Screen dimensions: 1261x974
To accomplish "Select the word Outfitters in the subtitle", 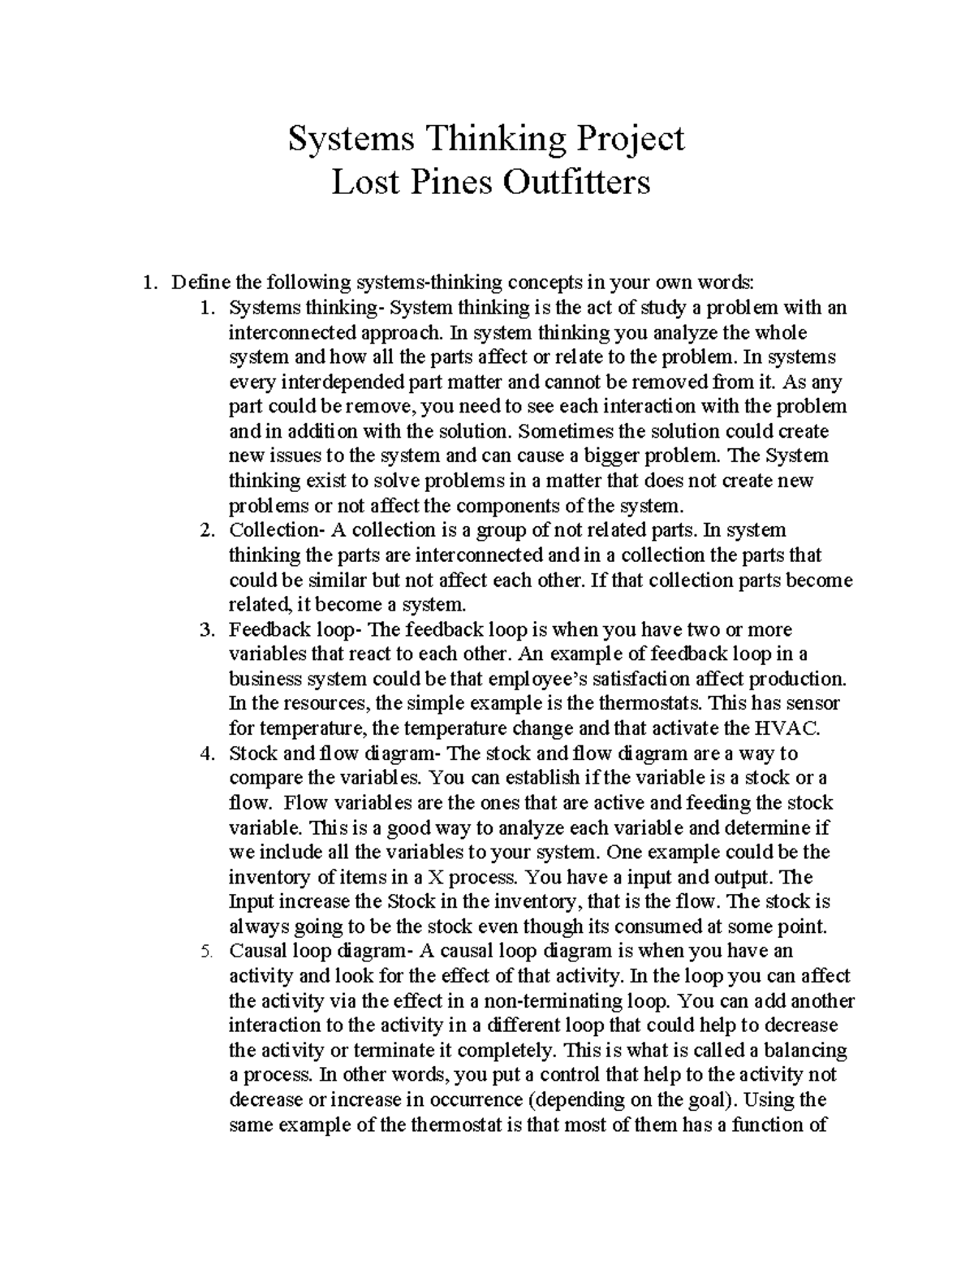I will coord(575,182).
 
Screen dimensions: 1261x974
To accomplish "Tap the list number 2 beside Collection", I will coord(206,530).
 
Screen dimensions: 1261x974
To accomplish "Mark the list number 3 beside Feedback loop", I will coord(206,630).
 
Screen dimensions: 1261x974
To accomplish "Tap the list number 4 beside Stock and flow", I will coord(206,754).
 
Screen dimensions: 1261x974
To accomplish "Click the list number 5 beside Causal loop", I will coord(206,952).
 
